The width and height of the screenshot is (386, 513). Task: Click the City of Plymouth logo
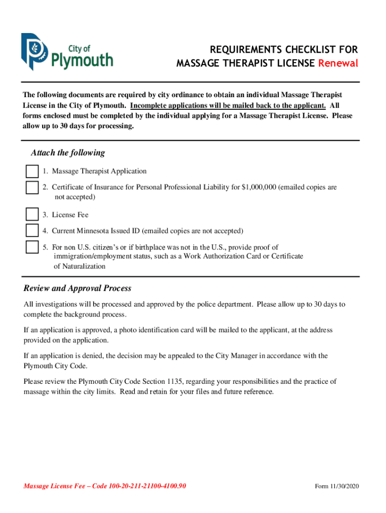pyautogui.click(x=67, y=52)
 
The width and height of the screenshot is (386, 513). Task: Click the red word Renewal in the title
pyautogui.click(x=338, y=64)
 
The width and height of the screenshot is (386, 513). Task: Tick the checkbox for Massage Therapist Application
pyautogui.click(x=32, y=171)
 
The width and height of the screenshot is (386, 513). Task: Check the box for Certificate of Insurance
pyautogui.click(x=32, y=188)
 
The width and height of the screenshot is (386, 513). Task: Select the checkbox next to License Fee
pyautogui.click(x=32, y=214)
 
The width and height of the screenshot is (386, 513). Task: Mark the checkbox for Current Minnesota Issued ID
pyautogui.click(x=32, y=231)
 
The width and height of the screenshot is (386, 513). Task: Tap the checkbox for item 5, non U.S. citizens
pyautogui.click(x=32, y=247)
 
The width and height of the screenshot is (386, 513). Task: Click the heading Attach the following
pyautogui.click(x=68, y=153)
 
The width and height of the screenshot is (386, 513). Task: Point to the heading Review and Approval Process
pyautogui.click(x=77, y=289)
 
